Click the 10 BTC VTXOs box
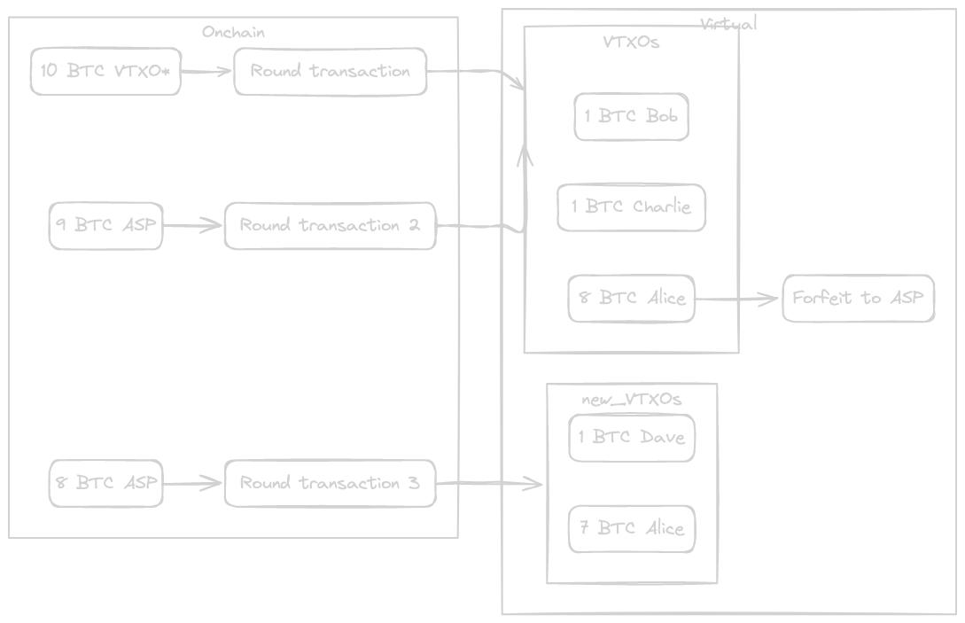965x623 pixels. (105, 72)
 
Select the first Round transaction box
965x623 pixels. (330, 72)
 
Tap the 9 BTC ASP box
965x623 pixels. (105, 225)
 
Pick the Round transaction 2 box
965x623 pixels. (330, 226)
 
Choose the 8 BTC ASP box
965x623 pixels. (105, 483)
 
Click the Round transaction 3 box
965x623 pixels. (330, 483)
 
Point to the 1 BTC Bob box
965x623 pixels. (631, 116)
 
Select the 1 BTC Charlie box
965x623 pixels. (631, 207)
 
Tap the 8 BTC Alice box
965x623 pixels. (631, 298)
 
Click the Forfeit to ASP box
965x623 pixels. (858, 298)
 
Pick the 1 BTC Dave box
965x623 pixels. (631, 437)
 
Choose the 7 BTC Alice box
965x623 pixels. (631, 529)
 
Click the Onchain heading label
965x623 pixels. (233, 33)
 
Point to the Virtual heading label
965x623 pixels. (728, 24)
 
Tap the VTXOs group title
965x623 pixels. (631, 42)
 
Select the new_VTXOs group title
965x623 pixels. (631, 400)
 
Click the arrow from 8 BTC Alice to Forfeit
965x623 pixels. (737, 299)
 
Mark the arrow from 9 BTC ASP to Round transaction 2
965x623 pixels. (192, 226)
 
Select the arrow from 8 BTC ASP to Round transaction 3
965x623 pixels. (192, 483)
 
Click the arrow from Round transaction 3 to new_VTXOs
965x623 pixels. (490, 484)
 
